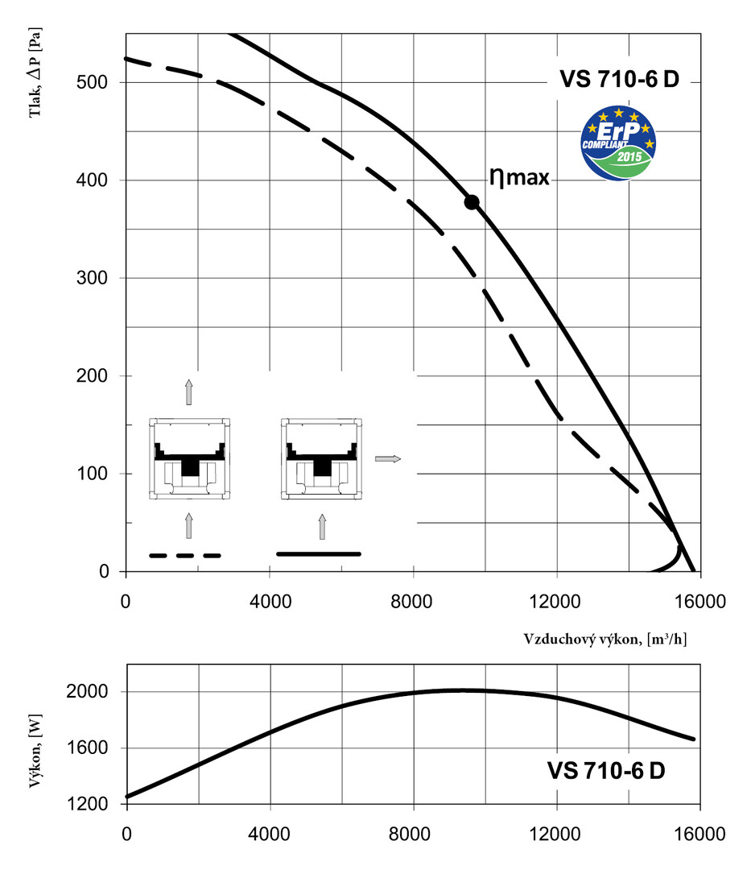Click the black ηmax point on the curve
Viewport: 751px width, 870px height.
tap(472, 202)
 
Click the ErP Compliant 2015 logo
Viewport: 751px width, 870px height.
tap(620, 144)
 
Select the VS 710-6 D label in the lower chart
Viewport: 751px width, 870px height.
tap(606, 771)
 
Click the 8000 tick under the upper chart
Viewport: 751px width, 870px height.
tap(413, 602)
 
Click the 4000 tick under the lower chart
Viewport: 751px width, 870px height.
tap(270, 833)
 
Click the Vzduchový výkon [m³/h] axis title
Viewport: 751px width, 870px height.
tap(605, 639)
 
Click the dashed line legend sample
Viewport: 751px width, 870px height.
tap(185, 556)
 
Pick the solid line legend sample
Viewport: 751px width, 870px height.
tap(319, 554)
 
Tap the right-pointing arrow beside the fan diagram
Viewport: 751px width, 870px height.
tap(387, 459)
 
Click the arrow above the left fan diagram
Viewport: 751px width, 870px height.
tap(189, 391)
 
